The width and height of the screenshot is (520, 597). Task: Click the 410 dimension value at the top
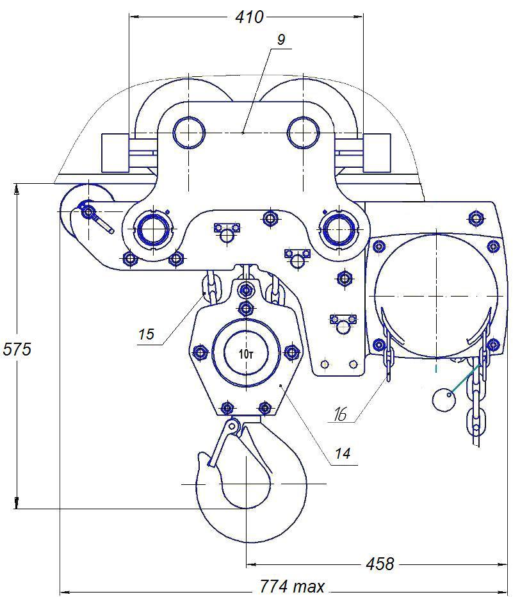pyautogui.click(x=249, y=17)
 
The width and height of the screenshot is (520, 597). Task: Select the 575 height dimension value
pyautogui.click(x=17, y=350)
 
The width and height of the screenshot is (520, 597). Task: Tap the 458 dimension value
pyautogui.click(x=380, y=564)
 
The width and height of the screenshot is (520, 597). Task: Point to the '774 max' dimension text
pyautogui.click(x=293, y=586)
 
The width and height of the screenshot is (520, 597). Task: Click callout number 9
pyautogui.click(x=281, y=40)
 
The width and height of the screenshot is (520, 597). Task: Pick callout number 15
pyautogui.click(x=146, y=334)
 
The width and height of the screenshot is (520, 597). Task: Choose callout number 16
pyautogui.click(x=340, y=414)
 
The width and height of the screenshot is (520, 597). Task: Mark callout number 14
pyautogui.click(x=343, y=454)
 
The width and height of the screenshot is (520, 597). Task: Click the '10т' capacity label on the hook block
pyautogui.click(x=246, y=354)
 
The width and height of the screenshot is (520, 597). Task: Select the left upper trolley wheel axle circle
pyautogui.click(x=189, y=133)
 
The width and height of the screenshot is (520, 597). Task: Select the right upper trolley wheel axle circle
pyautogui.click(x=303, y=133)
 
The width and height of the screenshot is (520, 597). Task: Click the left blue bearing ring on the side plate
pyautogui.click(x=152, y=229)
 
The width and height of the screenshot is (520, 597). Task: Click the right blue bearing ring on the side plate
pyautogui.click(x=338, y=229)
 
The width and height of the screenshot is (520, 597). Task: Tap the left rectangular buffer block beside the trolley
pyautogui.click(x=115, y=152)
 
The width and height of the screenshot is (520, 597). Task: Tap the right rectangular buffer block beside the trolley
pyautogui.click(x=377, y=152)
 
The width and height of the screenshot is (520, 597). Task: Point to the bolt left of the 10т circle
pyautogui.click(x=200, y=352)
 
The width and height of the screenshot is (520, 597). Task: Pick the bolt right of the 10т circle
pyautogui.click(x=291, y=352)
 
